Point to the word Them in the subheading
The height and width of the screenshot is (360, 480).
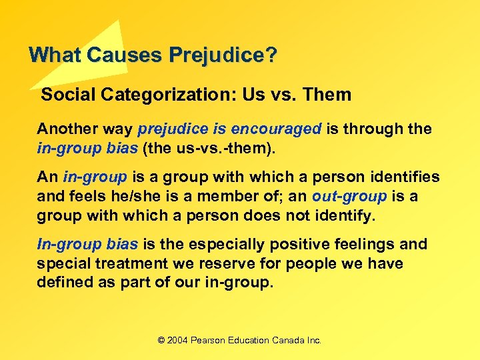coord(327,95)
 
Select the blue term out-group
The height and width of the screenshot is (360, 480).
coord(349,197)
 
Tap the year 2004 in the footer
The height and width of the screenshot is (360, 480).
coord(177,340)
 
